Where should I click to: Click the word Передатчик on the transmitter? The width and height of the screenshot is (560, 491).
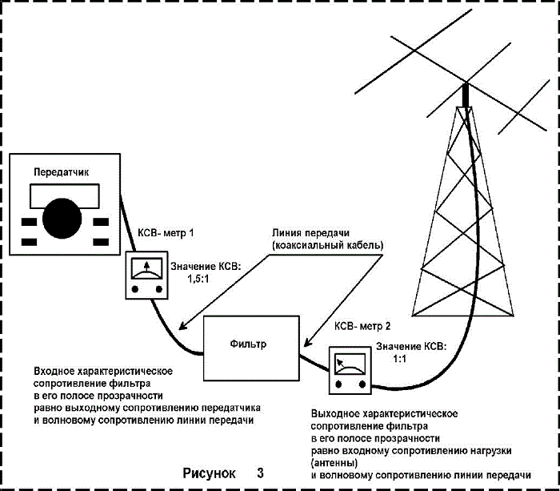(61, 173)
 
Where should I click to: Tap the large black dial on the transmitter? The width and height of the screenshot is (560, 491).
(62, 218)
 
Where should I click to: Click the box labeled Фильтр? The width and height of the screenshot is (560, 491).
(251, 348)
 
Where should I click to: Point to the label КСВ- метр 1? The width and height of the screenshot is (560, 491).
(166, 233)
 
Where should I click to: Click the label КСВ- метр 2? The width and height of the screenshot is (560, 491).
(362, 326)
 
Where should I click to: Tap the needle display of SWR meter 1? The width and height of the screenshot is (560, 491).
(146, 268)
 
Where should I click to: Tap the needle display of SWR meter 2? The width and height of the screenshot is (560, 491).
(350, 364)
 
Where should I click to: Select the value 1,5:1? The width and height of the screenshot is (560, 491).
(198, 279)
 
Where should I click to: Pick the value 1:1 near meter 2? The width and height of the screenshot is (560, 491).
(400, 359)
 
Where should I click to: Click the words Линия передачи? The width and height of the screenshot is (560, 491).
(310, 233)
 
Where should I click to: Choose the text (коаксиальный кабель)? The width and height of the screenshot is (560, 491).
(327, 246)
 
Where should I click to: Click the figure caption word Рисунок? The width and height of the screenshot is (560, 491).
(210, 473)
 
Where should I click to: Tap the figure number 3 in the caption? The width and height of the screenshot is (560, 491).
(260, 473)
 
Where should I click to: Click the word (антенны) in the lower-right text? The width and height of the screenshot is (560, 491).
(334, 463)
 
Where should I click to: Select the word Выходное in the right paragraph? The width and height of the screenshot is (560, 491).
(335, 414)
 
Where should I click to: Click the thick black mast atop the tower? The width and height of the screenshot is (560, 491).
(466, 95)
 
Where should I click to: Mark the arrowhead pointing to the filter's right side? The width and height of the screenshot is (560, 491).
(307, 343)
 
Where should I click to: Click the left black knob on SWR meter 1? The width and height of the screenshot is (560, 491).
(135, 289)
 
